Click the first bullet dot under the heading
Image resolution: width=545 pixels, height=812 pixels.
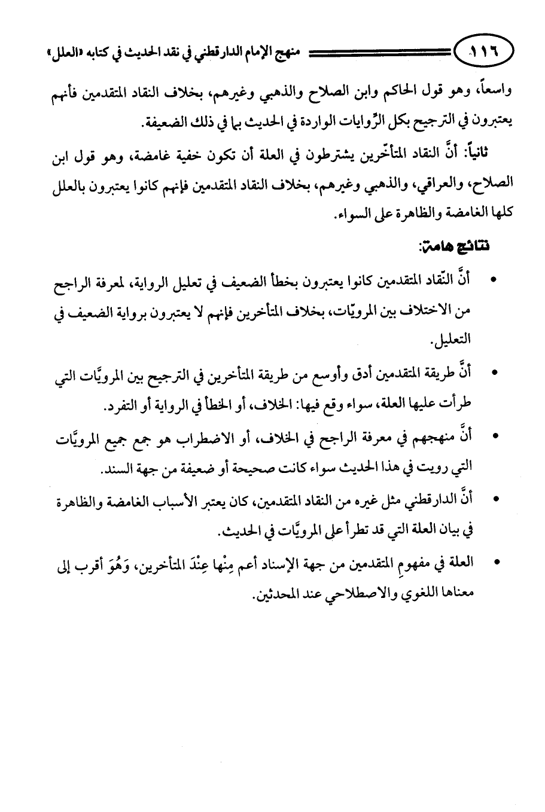493,280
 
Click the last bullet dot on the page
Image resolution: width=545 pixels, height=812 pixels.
493,563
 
